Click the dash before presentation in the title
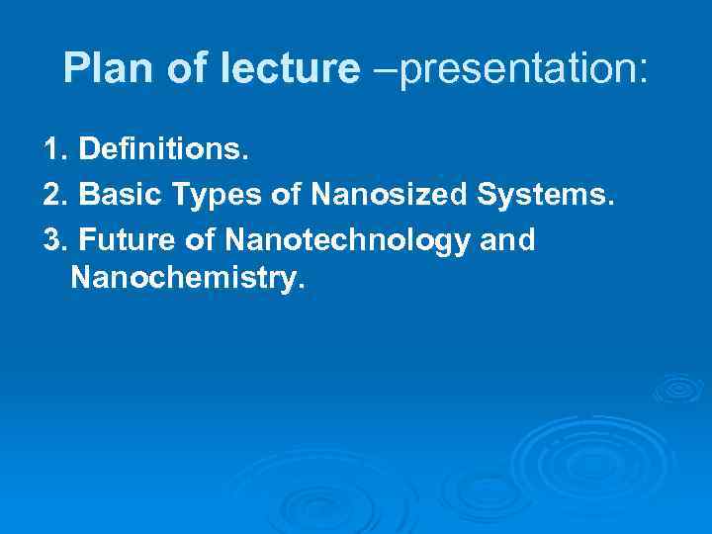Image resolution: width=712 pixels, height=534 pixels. (x=379, y=69)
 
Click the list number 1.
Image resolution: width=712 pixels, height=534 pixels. (x=53, y=150)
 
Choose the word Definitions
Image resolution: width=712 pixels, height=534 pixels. (x=163, y=150)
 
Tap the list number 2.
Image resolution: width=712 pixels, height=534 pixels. (x=55, y=195)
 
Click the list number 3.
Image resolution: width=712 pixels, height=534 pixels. (x=55, y=238)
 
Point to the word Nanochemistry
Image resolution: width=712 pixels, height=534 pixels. (x=183, y=279)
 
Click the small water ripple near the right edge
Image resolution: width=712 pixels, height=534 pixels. (x=677, y=388)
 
